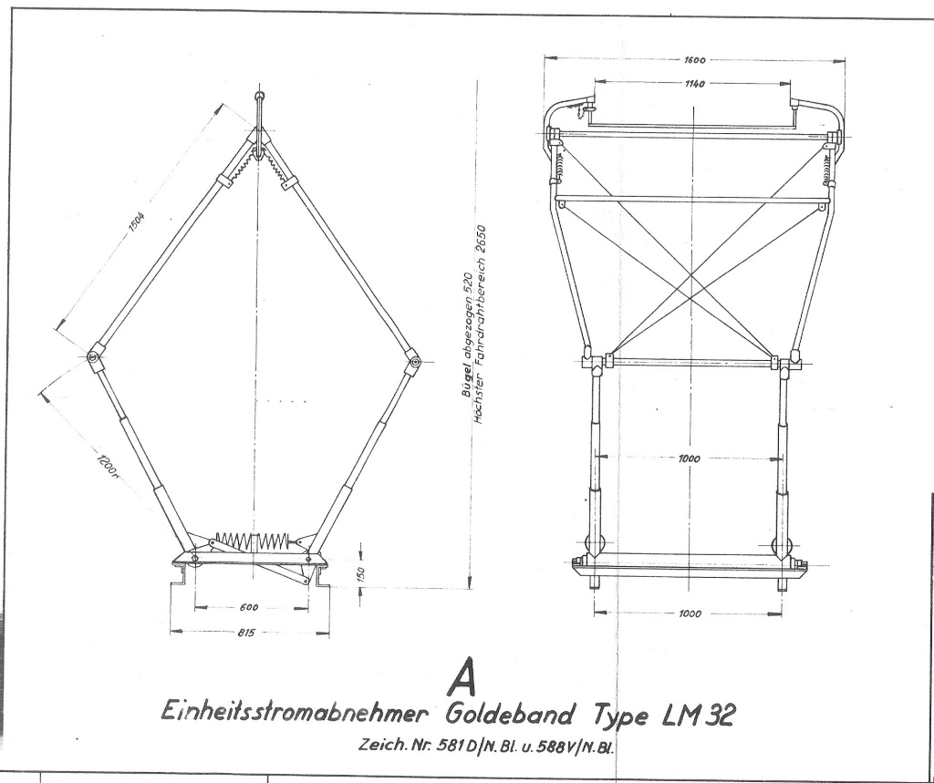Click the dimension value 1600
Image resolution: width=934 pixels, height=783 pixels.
[694, 59]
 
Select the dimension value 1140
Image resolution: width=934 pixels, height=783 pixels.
[694, 84]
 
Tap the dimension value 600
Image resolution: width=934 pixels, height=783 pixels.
[248, 607]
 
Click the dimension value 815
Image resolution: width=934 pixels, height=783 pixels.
[246, 633]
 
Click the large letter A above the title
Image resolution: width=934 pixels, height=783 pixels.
[462, 676]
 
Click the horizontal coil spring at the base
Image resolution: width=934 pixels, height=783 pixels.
[253, 541]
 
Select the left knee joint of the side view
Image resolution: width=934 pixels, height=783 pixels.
[94, 356]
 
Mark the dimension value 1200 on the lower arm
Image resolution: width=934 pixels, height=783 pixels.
[106, 466]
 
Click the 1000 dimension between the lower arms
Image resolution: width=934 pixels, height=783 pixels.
[690, 458]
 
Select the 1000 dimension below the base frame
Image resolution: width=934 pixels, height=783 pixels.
[690, 613]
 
